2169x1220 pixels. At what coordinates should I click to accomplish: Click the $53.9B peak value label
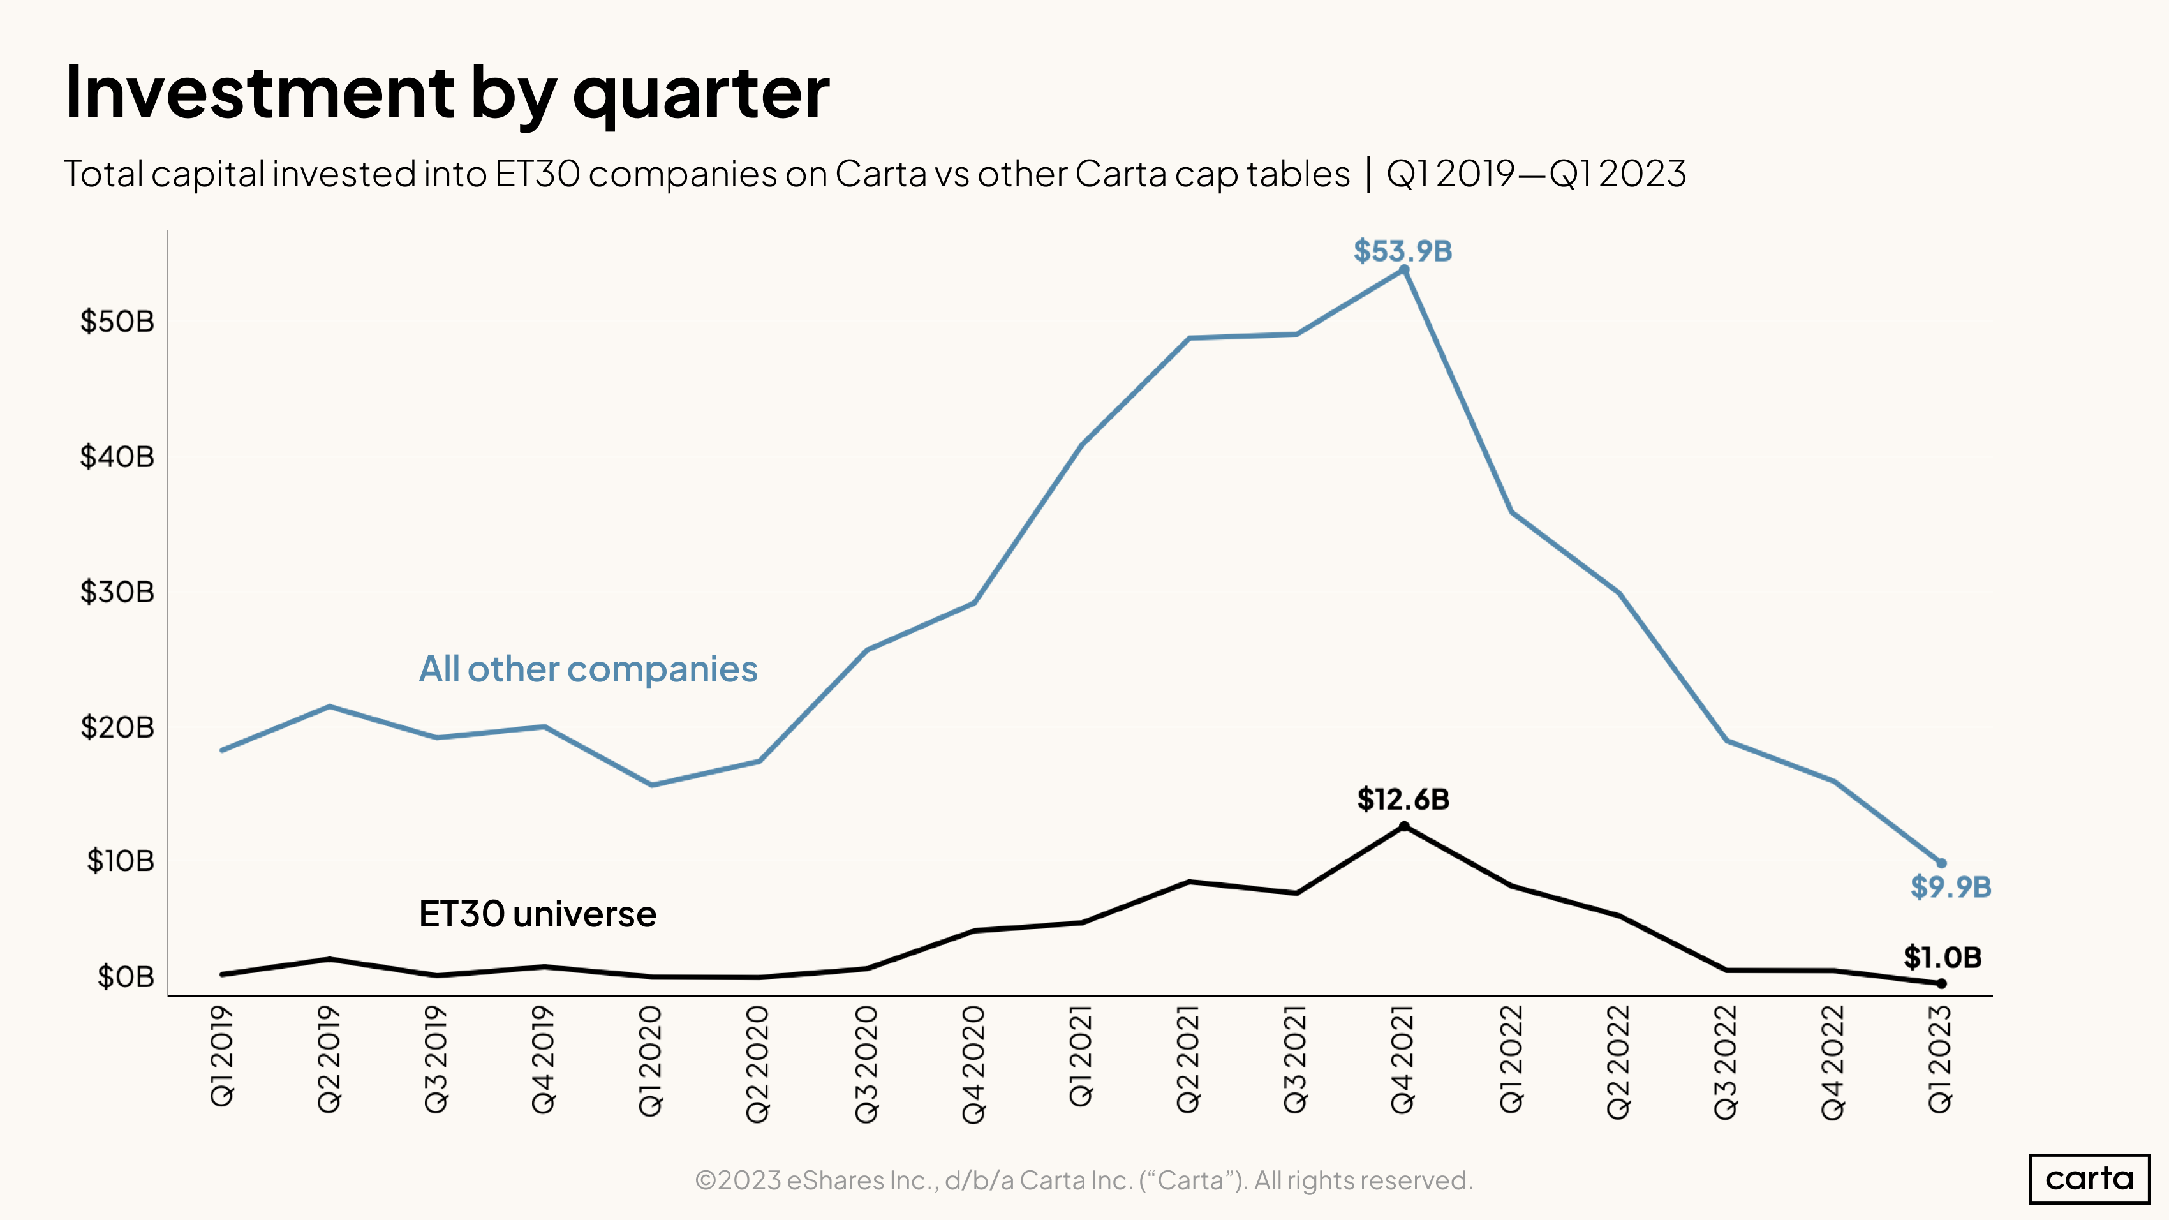pos(1403,251)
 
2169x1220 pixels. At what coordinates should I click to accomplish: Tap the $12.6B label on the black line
pos(1403,799)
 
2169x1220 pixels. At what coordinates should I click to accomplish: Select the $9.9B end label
pos(1950,886)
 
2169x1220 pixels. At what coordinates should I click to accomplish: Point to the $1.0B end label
pos(1943,957)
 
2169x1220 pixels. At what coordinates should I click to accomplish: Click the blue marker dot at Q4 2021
pos(1403,269)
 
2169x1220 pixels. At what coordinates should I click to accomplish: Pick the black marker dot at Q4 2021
pos(1403,826)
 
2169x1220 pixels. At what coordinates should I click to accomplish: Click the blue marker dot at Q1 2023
pos(1942,863)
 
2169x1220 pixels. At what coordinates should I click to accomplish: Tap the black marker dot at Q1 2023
pos(1942,983)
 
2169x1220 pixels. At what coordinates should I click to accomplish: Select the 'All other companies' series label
pos(588,669)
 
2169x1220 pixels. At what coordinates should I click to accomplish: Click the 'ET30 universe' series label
pos(537,914)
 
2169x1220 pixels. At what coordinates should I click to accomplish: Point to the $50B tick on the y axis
pos(117,321)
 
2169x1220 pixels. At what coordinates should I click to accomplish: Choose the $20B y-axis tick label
pos(117,727)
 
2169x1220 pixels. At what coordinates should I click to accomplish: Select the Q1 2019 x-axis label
pos(221,1056)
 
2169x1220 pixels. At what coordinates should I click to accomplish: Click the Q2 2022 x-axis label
pos(1618,1062)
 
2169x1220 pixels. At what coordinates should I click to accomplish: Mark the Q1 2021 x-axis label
pos(1081,1056)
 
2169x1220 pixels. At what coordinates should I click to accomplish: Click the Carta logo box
pos(2089,1178)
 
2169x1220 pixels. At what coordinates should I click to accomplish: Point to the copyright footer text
pos(1084,1180)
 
